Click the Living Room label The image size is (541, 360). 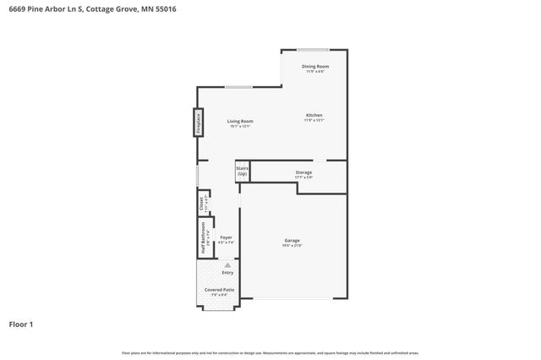point(240,121)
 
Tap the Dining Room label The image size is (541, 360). point(315,66)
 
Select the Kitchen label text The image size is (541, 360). point(314,115)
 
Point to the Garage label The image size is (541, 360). point(292,240)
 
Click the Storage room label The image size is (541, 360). point(303,172)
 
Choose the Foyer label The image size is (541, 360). point(227,237)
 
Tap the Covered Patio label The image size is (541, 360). point(220,290)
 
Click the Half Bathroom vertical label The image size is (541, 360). point(204,237)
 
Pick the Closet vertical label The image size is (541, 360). point(201,203)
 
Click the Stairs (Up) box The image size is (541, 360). point(242,171)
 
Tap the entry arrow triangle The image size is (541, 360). point(227,265)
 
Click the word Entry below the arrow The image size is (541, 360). point(227,272)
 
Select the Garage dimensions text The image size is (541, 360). point(292,246)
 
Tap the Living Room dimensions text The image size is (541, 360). point(240,127)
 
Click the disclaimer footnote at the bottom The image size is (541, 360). point(270,352)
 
